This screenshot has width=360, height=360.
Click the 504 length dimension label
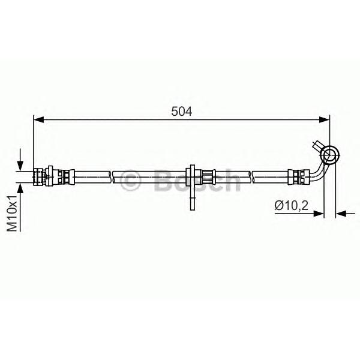181,112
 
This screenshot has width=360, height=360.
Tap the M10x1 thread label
12,214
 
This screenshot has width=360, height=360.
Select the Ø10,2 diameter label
291,205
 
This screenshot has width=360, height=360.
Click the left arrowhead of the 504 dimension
38,119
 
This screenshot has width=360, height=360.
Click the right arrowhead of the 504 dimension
325,119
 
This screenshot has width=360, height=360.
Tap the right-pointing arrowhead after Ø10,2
319,214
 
